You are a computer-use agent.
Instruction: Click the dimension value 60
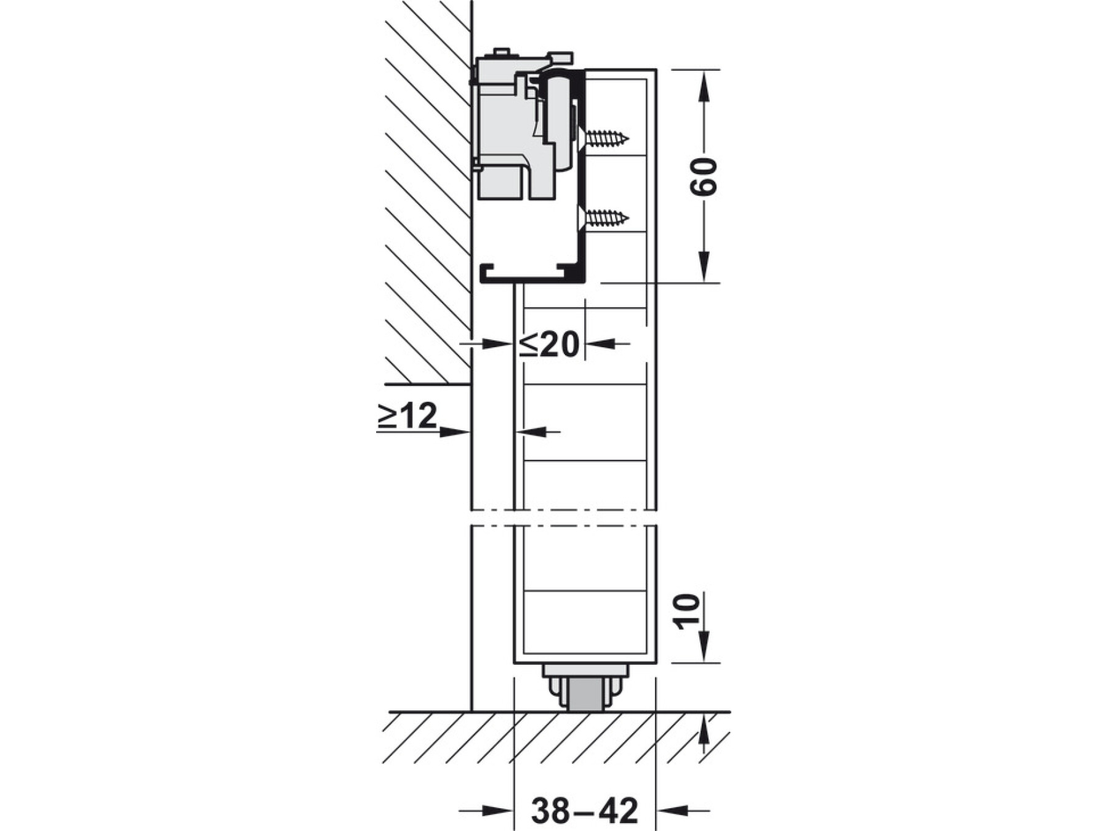pos(704,177)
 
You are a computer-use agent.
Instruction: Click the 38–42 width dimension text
pos(585,811)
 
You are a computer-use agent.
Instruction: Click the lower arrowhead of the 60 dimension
pos(704,268)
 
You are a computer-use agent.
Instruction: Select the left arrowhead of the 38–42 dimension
pos(498,810)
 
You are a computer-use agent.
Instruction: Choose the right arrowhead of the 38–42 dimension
pos(671,810)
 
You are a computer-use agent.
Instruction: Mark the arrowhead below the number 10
pos(704,648)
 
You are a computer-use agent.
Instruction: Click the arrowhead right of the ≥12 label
pos(456,432)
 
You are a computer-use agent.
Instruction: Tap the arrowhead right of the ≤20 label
pos(600,343)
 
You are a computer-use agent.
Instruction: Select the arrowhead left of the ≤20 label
pos(499,343)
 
